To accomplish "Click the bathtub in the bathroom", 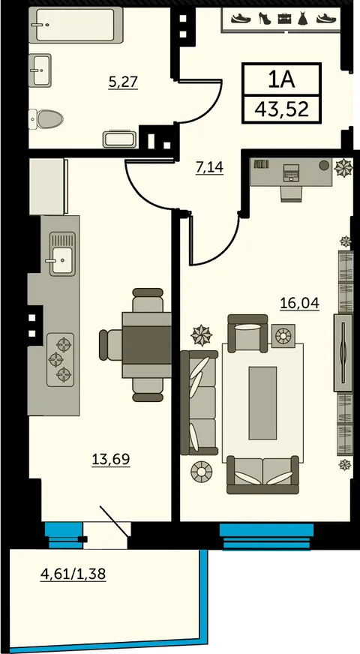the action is pyautogui.click(x=76, y=25).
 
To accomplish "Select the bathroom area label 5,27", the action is pyautogui.click(x=123, y=82).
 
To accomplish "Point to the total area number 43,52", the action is pyautogui.click(x=282, y=109).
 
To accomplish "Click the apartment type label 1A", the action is pyautogui.click(x=281, y=79).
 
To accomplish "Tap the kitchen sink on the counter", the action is pyautogui.click(x=62, y=253).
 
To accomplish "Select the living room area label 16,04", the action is pyautogui.click(x=299, y=303).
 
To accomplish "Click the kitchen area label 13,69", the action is pyautogui.click(x=110, y=459).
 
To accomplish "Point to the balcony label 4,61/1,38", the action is pyautogui.click(x=73, y=574).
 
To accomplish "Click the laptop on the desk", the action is pyautogui.click(x=291, y=172).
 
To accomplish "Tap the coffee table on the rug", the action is pyautogui.click(x=262, y=403).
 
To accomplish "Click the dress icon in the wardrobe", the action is pyautogui.click(x=303, y=18).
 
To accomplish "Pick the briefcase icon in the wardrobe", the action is pyautogui.click(x=284, y=18).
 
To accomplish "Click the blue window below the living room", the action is pyautogui.click(x=266, y=536).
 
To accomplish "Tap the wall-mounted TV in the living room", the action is pyautogui.click(x=343, y=352).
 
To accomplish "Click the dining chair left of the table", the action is pyautogui.click(x=110, y=344).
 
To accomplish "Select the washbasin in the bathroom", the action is pyautogui.click(x=40, y=70).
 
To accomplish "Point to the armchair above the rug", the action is pyautogui.click(x=247, y=332).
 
